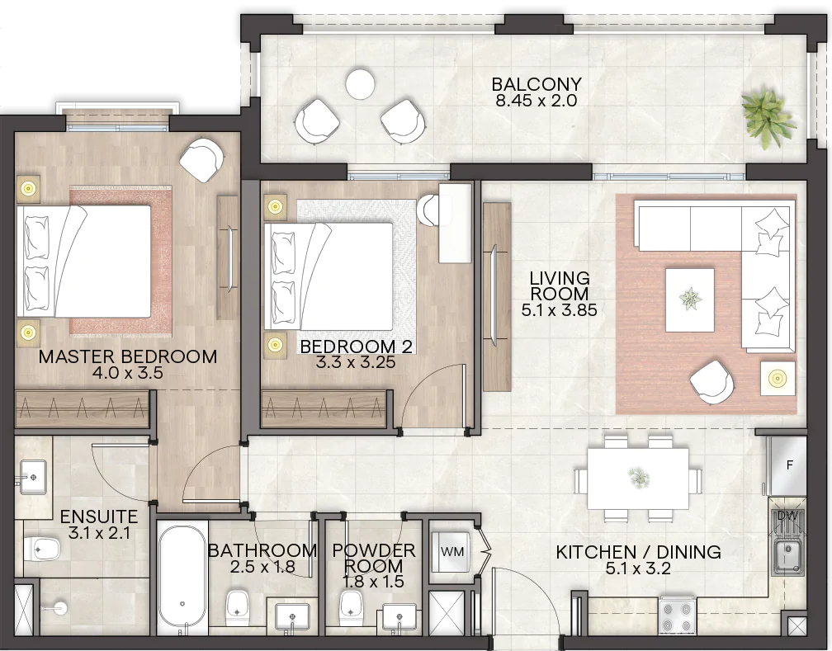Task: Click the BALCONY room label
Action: pos(537,84)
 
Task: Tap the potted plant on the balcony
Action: pos(768,117)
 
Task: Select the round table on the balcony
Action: pos(360,84)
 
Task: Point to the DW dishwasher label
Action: pos(788,515)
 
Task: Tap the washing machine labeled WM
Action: pos(451,551)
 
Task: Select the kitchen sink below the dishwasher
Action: pos(788,556)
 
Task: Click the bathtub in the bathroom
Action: pos(182,576)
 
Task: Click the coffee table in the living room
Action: pos(689,300)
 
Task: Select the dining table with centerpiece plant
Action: pos(637,479)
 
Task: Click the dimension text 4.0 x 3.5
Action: pos(127,372)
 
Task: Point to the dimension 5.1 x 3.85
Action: pos(560,309)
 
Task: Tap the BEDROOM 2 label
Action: pos(356,347)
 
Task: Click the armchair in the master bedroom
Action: pos(201,160)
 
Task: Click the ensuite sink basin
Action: pos(33,477)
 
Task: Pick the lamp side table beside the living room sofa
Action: pos(778,378)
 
